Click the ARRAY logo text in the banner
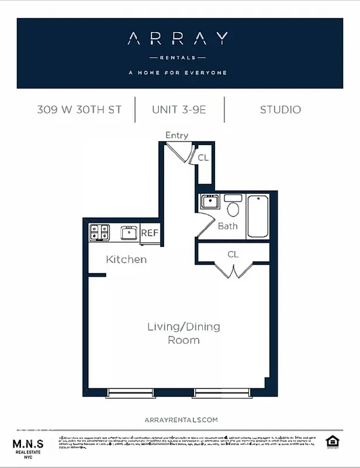178,39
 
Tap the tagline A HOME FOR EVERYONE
178,73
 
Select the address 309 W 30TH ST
79,109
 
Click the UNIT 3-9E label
179,109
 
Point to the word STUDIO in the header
281,109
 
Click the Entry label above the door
176,135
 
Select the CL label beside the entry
203,157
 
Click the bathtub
258,216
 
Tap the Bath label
227,226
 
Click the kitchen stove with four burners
99,233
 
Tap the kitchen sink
129,233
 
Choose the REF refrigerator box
150,233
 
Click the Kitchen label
126,259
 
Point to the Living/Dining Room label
184,333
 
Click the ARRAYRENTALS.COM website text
181,419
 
